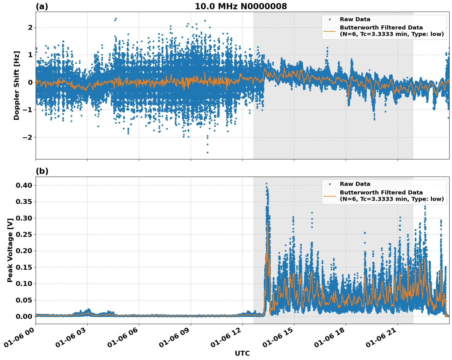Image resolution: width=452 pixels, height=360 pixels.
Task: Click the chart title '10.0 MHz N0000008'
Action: click(x=241, y=6)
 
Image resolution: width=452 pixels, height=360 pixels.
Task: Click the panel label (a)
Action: click(x=42, y=6)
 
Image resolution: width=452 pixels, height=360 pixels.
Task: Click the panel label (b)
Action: click(x=42, y=171)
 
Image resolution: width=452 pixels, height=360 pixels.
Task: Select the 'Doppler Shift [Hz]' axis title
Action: click(x=17, y=85)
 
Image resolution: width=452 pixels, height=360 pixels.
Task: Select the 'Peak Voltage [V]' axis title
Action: click(x=10, y=250)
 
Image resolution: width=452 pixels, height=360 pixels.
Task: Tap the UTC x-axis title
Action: click(x=242, y=353)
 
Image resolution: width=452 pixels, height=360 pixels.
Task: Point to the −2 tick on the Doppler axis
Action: click(x=27, y=137)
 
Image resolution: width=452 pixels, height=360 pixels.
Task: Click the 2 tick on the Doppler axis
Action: click(x=30, y=28)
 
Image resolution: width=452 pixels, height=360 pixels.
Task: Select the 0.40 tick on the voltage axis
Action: click(x=24, y=185)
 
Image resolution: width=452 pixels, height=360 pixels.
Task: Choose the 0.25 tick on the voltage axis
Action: click(x=24, y=234)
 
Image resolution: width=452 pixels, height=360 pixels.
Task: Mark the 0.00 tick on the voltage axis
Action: click(x=24, y=316)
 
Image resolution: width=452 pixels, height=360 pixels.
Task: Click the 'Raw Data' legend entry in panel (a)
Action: click(x=355, y=19)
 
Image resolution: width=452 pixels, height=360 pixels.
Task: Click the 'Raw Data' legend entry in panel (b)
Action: click(x=355, y=184)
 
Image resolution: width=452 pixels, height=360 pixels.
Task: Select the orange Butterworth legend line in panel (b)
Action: click(x=330, y=196)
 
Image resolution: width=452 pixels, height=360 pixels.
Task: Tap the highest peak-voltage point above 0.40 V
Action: click(x=266, y=183)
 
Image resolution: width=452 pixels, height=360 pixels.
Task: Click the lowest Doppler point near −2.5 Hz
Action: click(x=207, y=152)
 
